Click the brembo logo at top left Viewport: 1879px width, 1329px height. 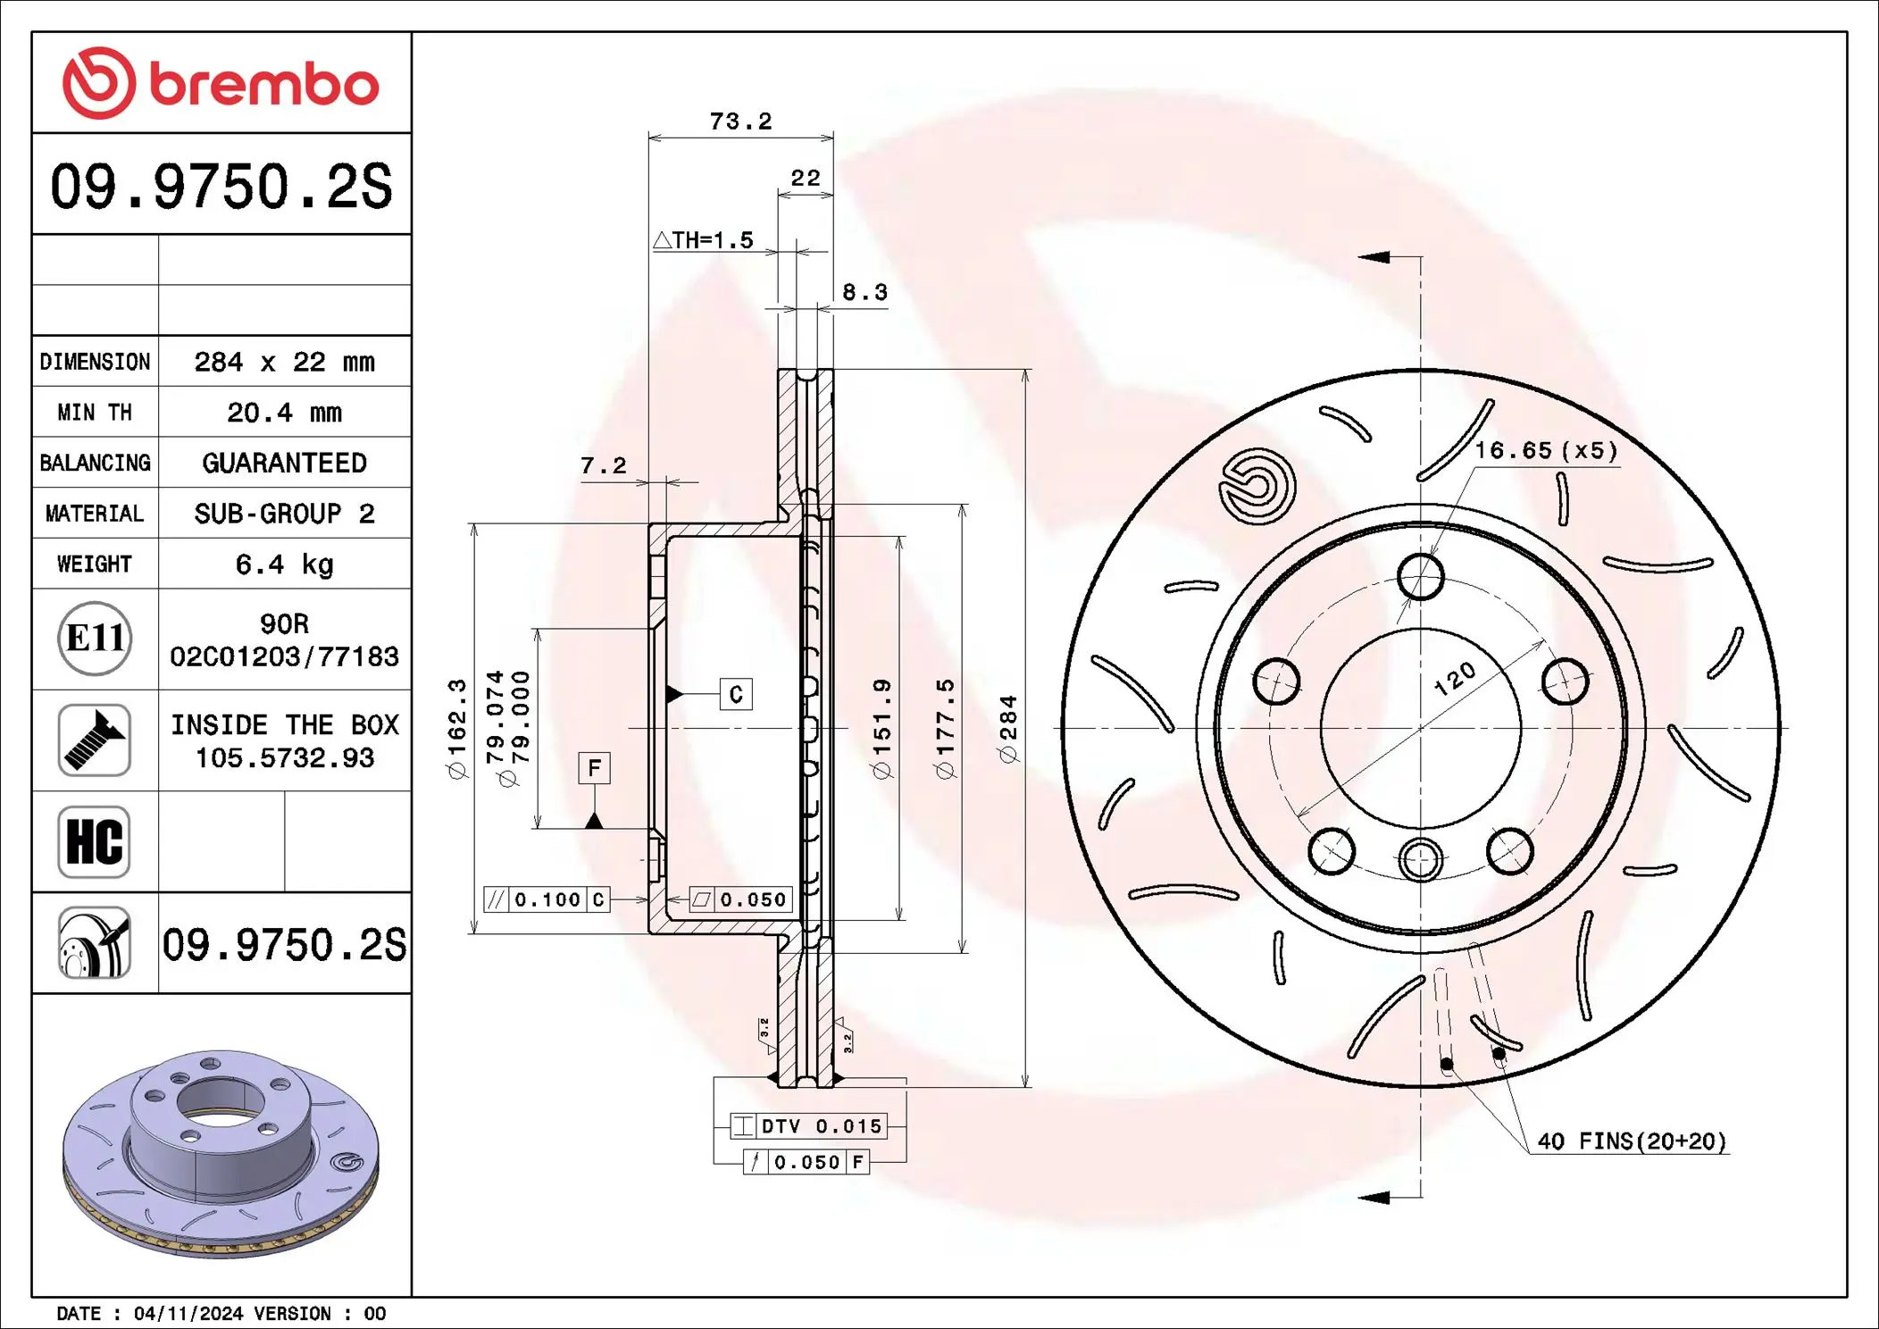click(x=221, y=83)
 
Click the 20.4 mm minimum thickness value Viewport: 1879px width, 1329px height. click(x=284, y=413)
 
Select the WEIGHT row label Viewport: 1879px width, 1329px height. click(x=95, y=564)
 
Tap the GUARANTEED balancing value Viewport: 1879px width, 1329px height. click(x=284, y=463)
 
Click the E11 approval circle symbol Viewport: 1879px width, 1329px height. click(x=95, y=639)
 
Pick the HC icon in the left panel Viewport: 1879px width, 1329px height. click(x=95, y=842)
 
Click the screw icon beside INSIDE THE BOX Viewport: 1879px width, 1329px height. click(x=95, y=740)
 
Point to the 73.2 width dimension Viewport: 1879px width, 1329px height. click(x=740, y=121)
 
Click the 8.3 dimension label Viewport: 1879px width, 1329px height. click(x=864, y=292)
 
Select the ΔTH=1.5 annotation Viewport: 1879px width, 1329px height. click(x=704, y=240)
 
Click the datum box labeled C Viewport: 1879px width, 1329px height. click(x=736, y=694)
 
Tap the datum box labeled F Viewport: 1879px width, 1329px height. click(x=594, y=768)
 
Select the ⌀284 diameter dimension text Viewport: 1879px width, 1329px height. click(x=1008, y=728)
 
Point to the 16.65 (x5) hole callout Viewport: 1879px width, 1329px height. click(x=1546, y=450)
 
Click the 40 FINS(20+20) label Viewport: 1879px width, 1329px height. click(x=1632, y=1141)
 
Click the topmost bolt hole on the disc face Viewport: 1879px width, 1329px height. click(x=1420, y=576)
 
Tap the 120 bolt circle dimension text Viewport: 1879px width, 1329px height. click(x=1454, y=679)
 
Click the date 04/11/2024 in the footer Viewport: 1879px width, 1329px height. click(x=188, y=1313)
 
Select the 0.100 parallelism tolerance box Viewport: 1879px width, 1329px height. click(x=547, y=899)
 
